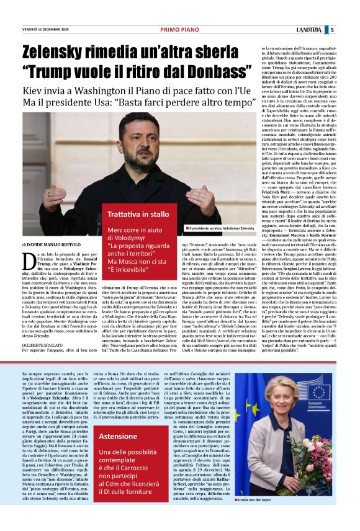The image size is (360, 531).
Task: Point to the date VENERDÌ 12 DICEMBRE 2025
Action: [45, 30]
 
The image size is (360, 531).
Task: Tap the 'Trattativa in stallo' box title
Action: [138, 214]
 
